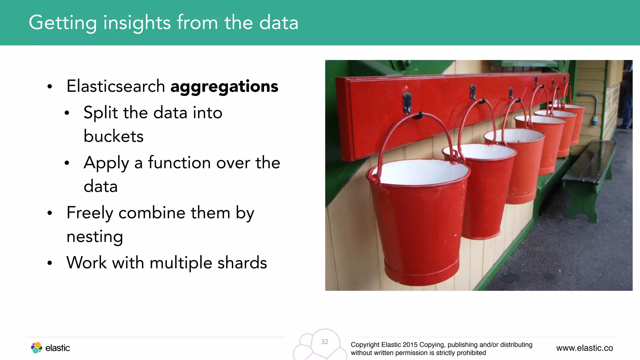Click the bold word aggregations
[x=224, y=86]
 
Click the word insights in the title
[x=137, y=22]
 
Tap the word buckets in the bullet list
[x=113, y=136]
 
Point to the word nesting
[x=95, y=237]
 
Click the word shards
[x=242, y=262]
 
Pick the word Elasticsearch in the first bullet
[x=116, y=86]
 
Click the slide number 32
[x=324, y=342]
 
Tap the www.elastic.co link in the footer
[x=584, y=348]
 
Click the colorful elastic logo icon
[x=37, y=347]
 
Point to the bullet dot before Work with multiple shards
[x=50, y=263]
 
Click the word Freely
[x=90, y=213]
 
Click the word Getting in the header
[x=62, y=22]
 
